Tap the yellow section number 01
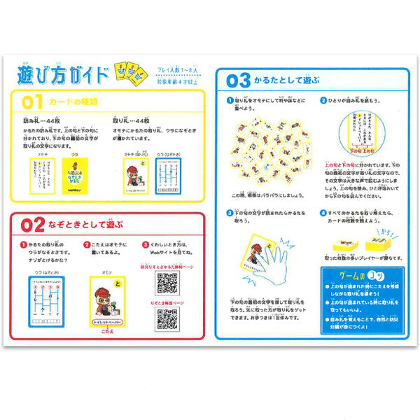pos(33,101)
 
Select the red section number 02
pos(33,225)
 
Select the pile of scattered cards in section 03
pos(269,155)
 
